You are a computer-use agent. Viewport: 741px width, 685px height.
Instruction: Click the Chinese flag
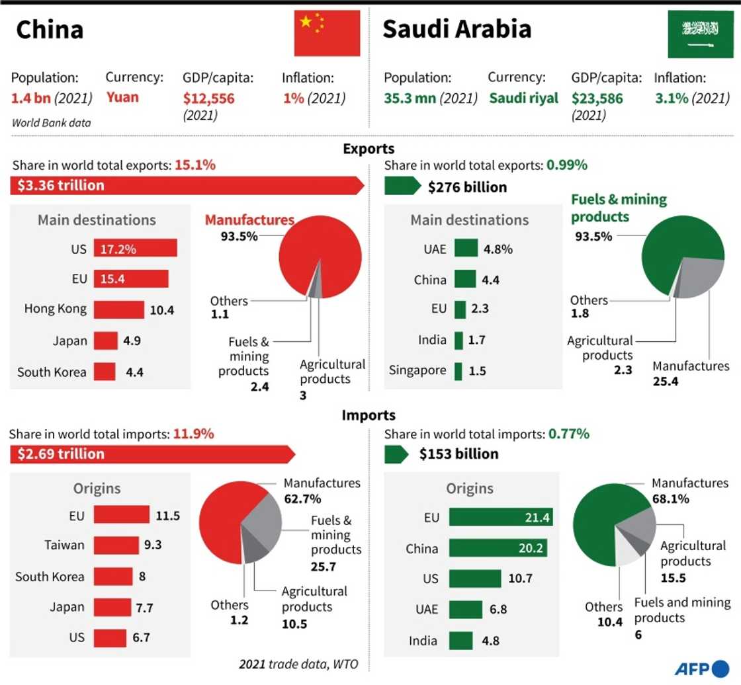click(x=327, y=32)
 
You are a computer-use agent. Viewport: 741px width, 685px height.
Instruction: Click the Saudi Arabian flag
click(x=700, y=34)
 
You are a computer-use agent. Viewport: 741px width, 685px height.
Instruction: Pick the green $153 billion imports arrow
click(x=397, y=454)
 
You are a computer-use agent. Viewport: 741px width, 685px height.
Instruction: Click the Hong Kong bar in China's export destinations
click(x=118, y=309)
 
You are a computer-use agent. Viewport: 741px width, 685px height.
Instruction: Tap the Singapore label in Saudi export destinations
click(x=417, y=370)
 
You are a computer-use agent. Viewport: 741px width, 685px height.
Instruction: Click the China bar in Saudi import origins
click(x=498, y=548)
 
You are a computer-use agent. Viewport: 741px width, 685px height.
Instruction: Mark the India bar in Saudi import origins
click(x=460, y=641)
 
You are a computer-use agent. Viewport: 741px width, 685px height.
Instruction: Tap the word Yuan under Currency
click(x=123, y=97)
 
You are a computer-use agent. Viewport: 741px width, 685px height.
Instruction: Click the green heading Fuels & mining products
click(x=619, y=208)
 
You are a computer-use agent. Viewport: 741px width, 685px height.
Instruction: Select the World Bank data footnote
click(x=51, y=122)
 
